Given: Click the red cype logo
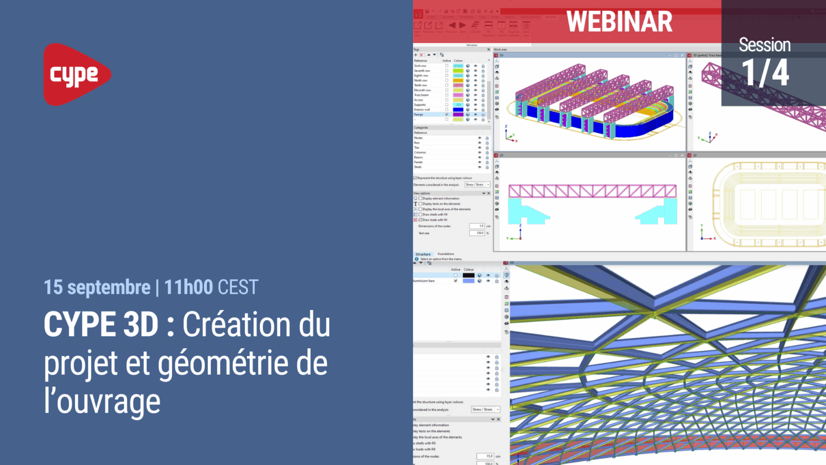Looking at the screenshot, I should (x=76, y=74).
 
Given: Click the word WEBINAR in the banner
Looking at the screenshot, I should (x=619, y=22).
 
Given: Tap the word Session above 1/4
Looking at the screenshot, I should (x=764, y=45).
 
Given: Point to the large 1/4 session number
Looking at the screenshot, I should (x=765, y=73).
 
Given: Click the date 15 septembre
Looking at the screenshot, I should (x=97, y=287).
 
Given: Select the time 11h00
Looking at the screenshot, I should (x=188, y=287).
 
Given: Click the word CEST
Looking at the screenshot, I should (x=238, y=287).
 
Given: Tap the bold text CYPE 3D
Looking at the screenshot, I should (x=101, y=325).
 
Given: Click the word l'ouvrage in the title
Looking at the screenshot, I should (x=102, y=402).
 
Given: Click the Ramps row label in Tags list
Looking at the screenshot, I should (x=419, y=115).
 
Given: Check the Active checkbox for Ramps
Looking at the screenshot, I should (x=446, y=115).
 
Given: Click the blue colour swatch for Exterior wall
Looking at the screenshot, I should (x=458, y=110).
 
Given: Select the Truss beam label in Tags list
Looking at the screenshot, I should (x=421, y=95).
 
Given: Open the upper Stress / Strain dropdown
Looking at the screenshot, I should (x=478, y=185).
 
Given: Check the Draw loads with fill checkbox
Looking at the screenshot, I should (x=421, y=220).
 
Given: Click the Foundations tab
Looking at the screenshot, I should (x=445, y=254).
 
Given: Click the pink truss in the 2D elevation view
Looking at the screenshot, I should (x=592, y=191).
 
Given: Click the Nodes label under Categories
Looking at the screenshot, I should (x=418, y=138).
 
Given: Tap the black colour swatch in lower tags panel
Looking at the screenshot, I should (x=468, y=275).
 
